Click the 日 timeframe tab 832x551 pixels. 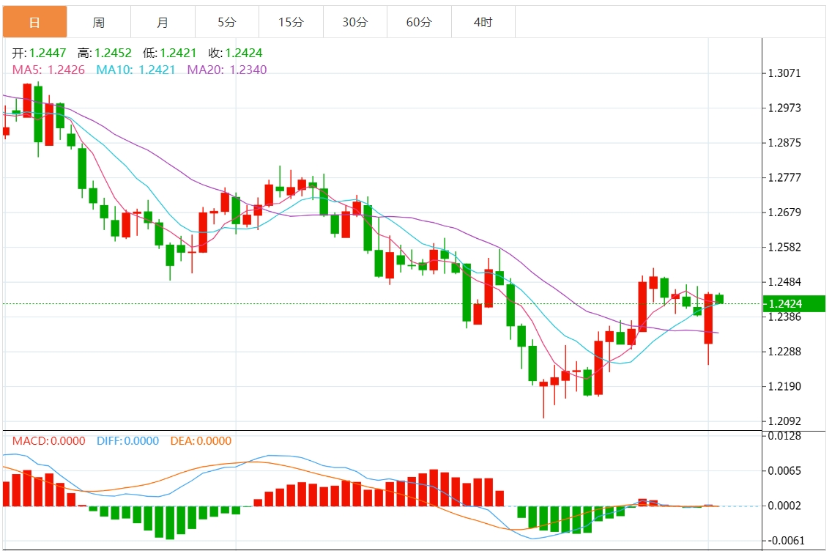point(34,23)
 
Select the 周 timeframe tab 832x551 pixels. point(98,23)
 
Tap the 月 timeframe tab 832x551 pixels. point(163,23)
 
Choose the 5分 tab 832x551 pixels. point(227,23)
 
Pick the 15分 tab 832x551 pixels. point(291,23)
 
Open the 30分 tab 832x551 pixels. point(355,23)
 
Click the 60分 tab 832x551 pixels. point(419,23)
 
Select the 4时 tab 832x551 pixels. point(483,23)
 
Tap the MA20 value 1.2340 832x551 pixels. point(248,70)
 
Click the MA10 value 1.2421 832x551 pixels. point(157,70)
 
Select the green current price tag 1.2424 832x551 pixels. point(793,303)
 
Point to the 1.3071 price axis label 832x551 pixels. point(784,73)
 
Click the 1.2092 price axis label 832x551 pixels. point(784,421)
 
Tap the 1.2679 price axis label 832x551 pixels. point(784,212)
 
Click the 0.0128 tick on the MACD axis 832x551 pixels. point(784,436)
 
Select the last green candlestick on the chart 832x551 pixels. point(719,298)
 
